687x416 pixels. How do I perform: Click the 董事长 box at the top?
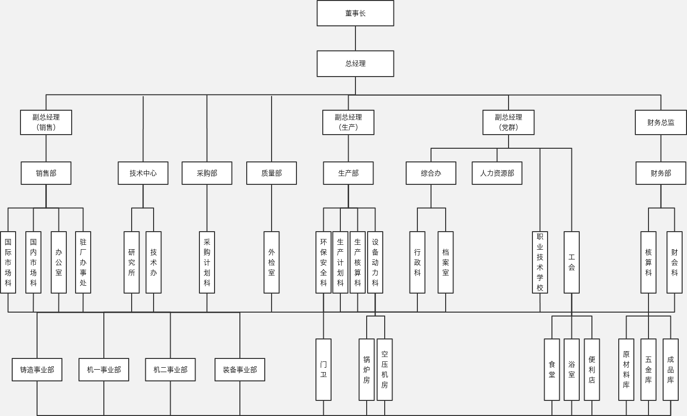[355, 13]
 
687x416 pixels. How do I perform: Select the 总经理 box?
[355, 63]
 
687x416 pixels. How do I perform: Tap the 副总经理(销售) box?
[46, 122]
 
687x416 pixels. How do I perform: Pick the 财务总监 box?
[660, 122]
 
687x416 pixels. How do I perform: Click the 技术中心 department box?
[143, 173]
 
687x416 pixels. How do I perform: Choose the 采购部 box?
[207, 173]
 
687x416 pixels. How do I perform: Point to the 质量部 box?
[271, 173]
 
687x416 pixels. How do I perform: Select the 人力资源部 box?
[497, 173]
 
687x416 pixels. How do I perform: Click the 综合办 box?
[431, 173]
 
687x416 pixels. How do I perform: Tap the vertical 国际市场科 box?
[8, 262]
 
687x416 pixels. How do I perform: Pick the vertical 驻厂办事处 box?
[83, 262]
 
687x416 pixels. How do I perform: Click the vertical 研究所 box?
[132, 262]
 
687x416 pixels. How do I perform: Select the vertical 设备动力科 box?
[375, 262]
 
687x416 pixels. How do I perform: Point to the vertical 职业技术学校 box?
[540, 262]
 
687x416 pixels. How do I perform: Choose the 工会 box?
[571, 262]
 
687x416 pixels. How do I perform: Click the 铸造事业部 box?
[37, 370]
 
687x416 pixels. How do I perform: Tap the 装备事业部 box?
[239, 370]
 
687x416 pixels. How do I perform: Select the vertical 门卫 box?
[323, 370]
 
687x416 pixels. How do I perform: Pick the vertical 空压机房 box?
[384, 370]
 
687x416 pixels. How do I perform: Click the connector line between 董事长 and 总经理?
[355, 38]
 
